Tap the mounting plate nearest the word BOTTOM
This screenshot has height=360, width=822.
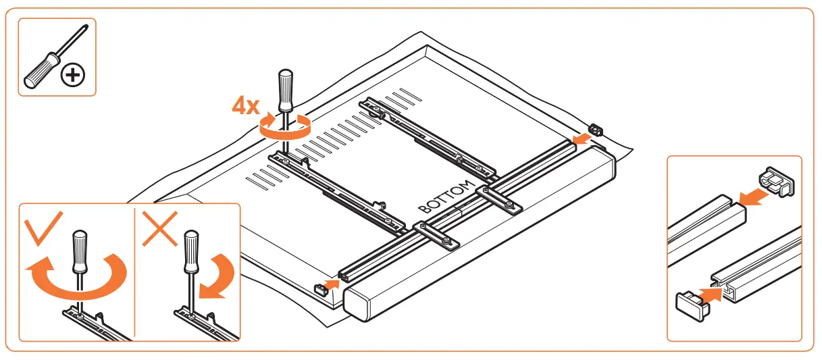500,200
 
